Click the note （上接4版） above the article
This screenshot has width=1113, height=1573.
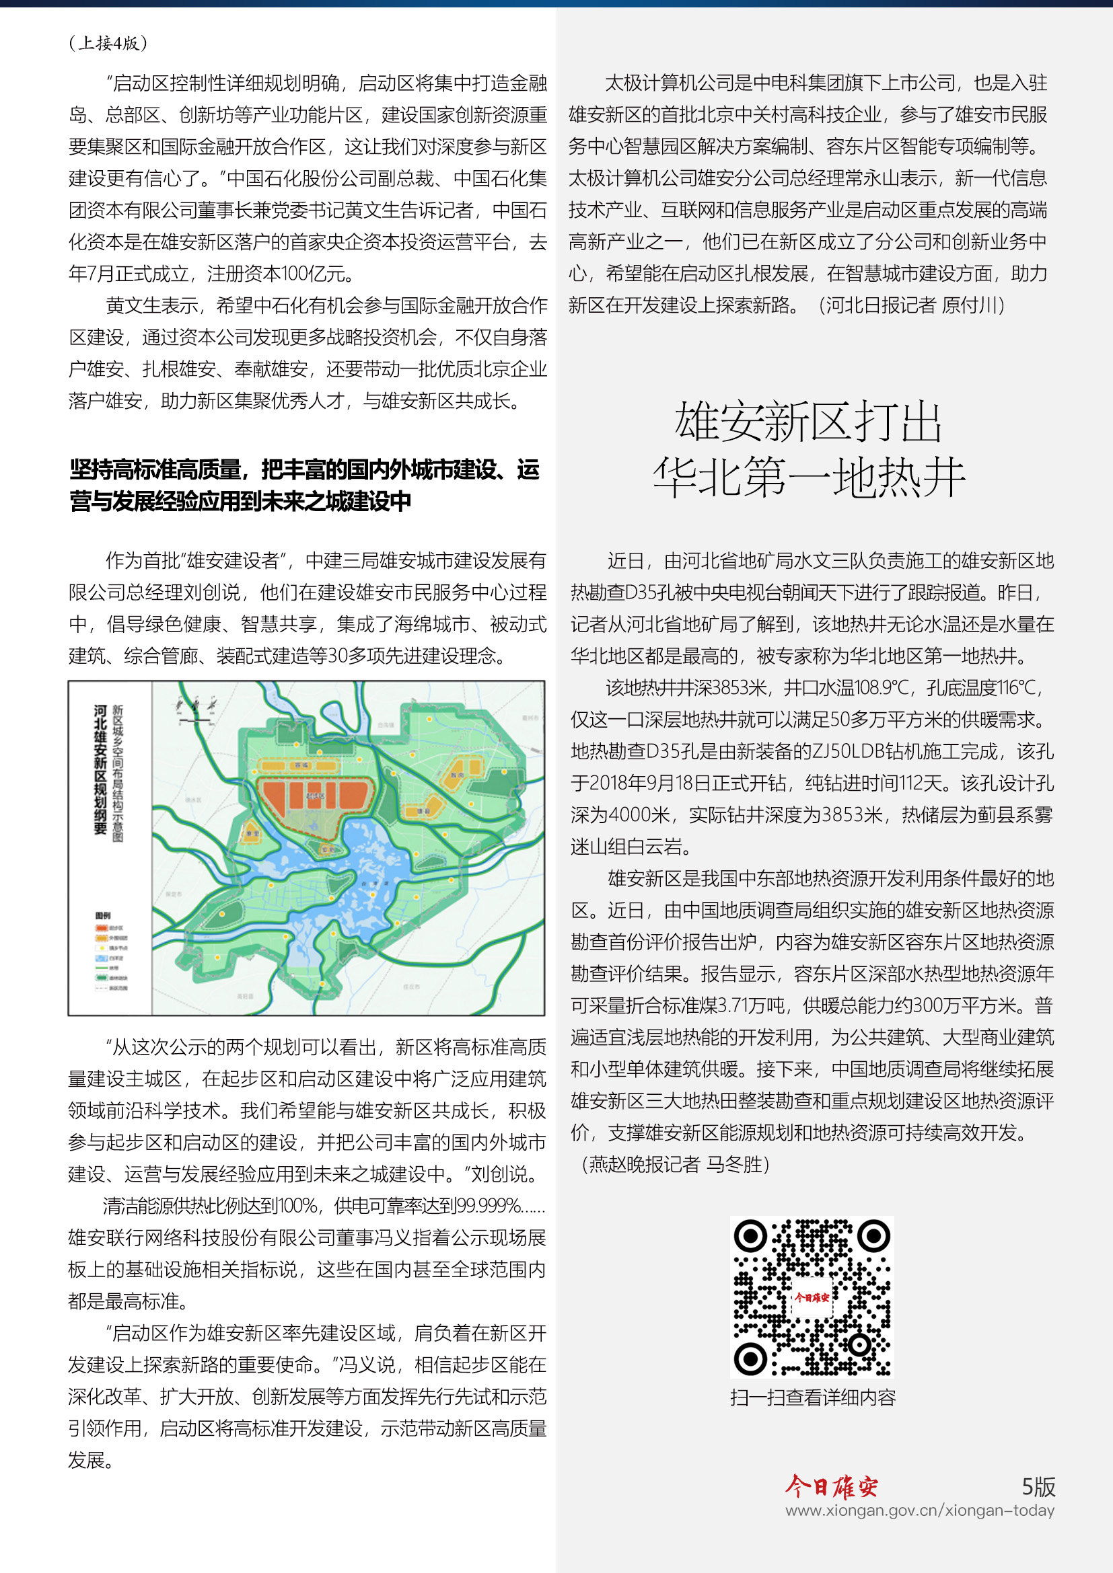coord(108,43)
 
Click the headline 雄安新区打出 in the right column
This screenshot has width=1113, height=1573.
coord(809,422)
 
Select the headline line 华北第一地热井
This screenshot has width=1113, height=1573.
coord(809,477)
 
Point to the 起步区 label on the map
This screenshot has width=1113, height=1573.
coord(315,796)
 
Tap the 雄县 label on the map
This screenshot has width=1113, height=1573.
coord(423,810)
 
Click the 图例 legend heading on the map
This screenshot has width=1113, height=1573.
coord(103,915)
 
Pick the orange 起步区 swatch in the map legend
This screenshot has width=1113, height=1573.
coord(102,927)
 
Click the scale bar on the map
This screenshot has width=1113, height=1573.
coord(196,720)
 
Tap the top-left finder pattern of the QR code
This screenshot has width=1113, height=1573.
coord(750,1237)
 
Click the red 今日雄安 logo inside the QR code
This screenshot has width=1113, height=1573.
coord(812,1297)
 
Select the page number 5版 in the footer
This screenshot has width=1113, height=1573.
coord(1038,1487)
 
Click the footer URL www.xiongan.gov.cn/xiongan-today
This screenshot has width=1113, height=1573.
coord(920,1510)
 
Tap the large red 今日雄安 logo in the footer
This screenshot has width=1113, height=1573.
coord(831,1486)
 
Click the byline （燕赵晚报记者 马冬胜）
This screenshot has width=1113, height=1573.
coord(675,1164)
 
